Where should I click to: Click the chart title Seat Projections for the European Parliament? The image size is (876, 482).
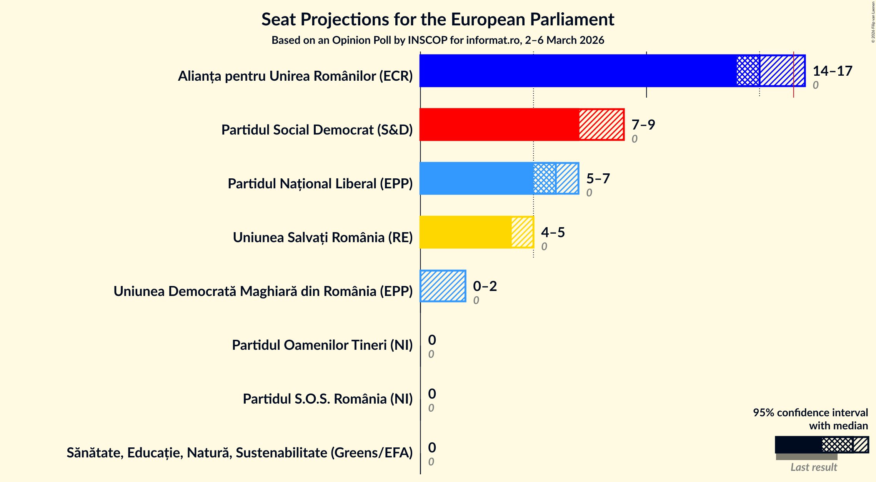(438, 19)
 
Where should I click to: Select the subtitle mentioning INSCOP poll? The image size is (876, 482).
(438, 40)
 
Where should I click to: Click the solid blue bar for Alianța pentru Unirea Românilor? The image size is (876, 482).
(577, 71)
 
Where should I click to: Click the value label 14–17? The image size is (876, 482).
(832, 71)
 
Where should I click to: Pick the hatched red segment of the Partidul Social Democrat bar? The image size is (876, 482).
(601, 125)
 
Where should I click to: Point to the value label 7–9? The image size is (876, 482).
(643, 125)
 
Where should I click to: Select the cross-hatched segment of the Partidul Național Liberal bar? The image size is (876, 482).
(545, 178)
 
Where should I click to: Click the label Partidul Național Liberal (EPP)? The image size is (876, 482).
(320, 184)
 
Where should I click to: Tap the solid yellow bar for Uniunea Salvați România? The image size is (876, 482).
(465, 232)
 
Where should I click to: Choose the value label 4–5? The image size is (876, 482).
(553, 232)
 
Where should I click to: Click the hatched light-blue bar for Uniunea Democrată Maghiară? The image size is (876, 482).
(443, 286)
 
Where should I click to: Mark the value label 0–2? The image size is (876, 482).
(485, 286)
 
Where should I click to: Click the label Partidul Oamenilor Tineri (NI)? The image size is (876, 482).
(322, 345)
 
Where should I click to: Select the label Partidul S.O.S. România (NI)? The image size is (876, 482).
(327, 399)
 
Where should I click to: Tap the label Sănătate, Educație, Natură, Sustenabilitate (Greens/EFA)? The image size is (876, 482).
(240, 453)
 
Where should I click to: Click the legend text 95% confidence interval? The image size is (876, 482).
(810, 412)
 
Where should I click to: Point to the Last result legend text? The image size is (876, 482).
(813, 467)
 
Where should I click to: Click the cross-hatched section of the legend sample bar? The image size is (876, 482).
(837, 445)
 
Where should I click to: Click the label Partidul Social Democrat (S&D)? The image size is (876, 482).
(316, 130)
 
